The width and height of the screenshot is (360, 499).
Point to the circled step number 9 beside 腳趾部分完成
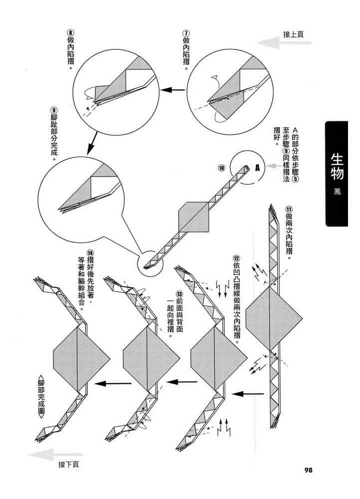point(53,110)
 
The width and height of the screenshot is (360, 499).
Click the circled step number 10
point(222,168)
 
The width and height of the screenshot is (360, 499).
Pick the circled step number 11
point(289,209)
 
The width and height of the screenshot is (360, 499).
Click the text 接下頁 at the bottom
point(68,465)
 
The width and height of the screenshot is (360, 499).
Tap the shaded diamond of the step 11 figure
point(274,318)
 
